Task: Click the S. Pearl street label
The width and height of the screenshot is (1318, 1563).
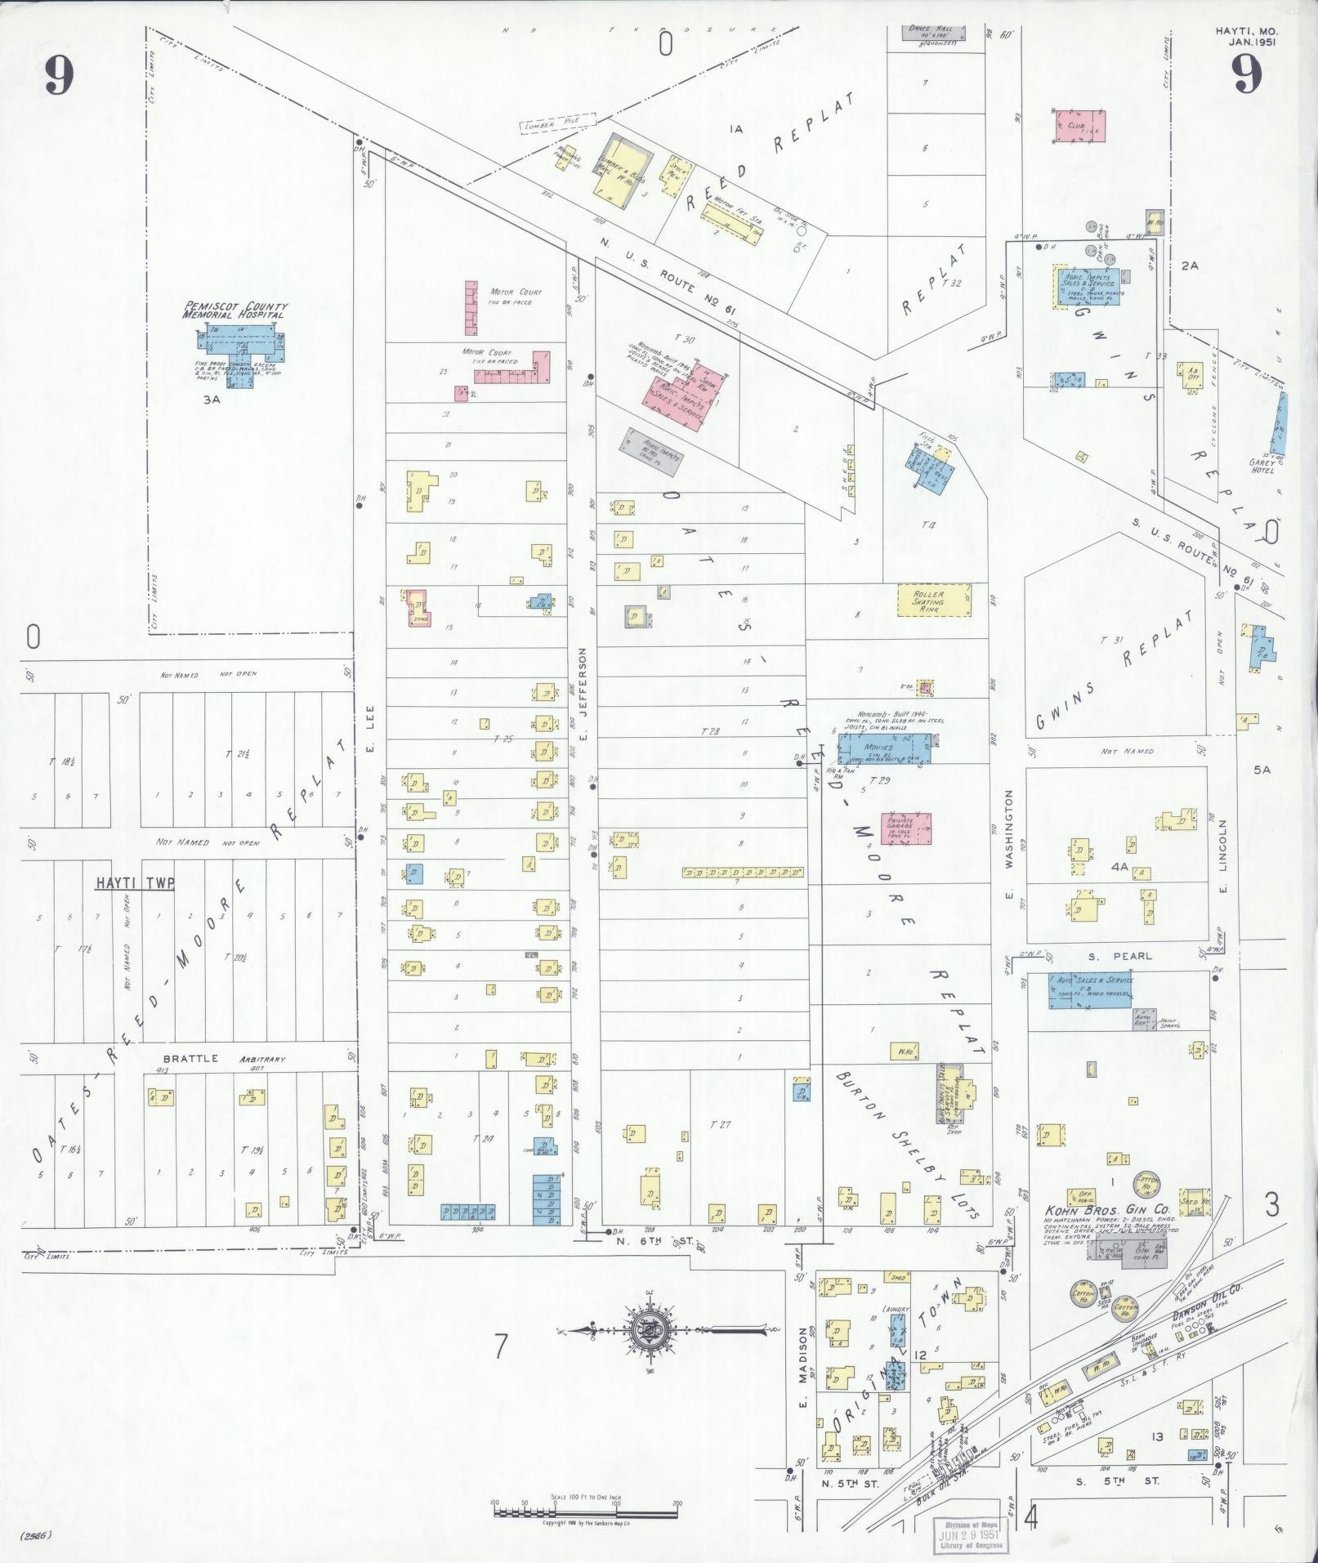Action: point(1132,955)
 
